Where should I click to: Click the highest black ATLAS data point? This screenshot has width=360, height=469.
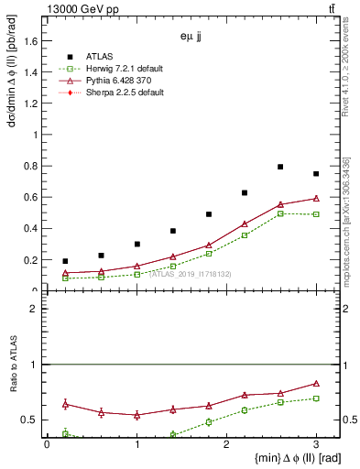point(280,167)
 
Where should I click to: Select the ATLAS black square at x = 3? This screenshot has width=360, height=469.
point(316,174)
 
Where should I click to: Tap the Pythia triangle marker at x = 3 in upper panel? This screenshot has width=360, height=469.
point(316,198)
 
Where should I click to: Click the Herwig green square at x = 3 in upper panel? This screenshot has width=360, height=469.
point(316,214)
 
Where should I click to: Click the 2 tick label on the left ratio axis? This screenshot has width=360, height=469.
point(34,309)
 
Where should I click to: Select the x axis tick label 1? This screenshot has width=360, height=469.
point(136,444)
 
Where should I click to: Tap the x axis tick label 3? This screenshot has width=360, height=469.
point(316,444)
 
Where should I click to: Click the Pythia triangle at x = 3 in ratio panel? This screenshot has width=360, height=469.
point(316,384)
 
